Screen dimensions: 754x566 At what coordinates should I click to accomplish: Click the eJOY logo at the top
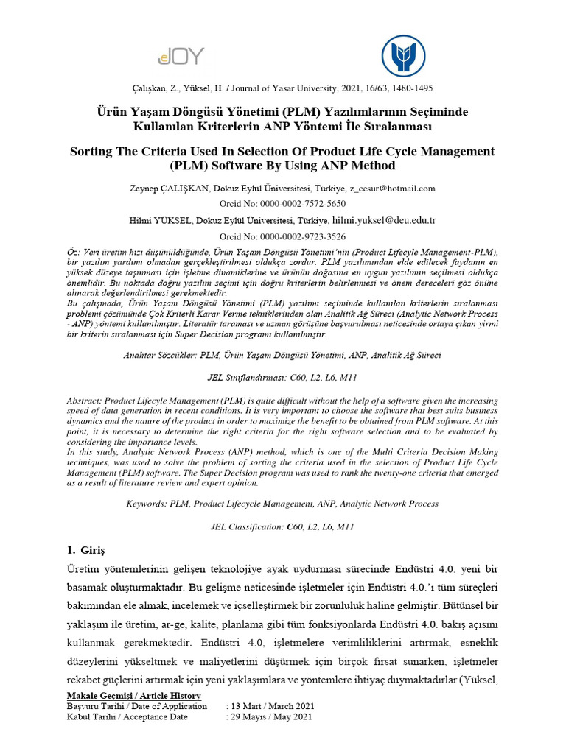click(x=181, y=55)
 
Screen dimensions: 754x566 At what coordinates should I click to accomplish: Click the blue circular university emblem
click(x=403, y=57)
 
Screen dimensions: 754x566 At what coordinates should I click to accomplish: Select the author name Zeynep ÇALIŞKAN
click(x=167, y=188)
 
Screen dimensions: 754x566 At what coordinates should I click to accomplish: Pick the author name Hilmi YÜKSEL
click(x=161, y=220)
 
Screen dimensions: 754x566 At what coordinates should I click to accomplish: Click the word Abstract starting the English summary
click(x=85, y=400)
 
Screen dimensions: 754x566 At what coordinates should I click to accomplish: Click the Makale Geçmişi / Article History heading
click(x=133, y=695)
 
